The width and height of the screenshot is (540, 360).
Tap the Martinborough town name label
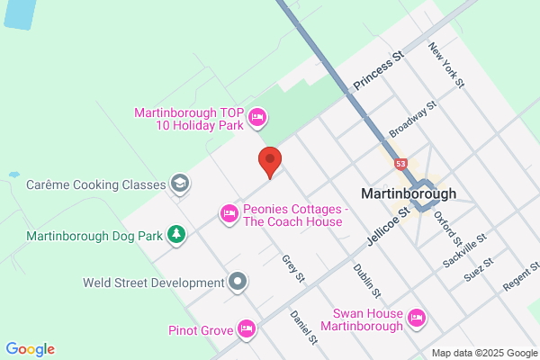click(408, 193)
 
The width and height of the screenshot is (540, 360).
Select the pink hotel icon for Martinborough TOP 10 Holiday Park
click(257, 116)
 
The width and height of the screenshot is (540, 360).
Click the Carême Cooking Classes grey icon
click(180, 184)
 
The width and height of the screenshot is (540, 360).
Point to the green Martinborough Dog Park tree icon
click(177, 235)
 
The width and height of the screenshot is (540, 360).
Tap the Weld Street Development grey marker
click(238, 282)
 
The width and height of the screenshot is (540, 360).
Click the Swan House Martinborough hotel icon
click(416, 317)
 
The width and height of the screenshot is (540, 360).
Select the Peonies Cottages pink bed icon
click(229, 213)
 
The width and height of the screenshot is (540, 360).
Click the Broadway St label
click(412, 120)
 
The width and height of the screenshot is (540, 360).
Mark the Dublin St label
click(366, 282)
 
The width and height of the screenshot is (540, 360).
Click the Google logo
click(30, 349)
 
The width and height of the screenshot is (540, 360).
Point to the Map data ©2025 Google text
click(483, 352)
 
